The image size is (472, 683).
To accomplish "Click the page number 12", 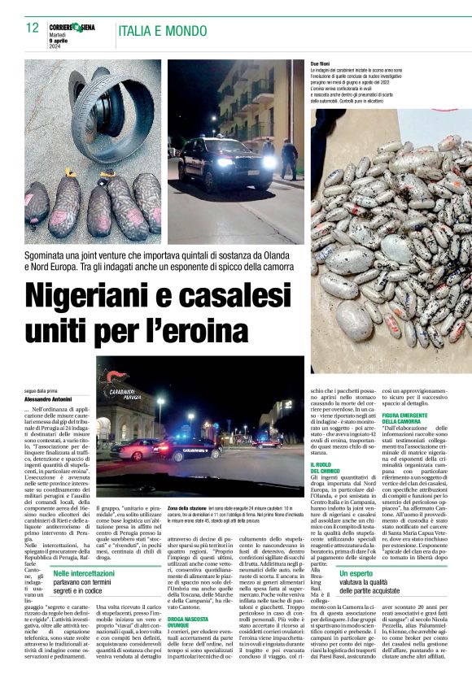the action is pyautogui.click(x=32, y=28).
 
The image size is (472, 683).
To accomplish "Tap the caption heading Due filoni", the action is pyautogui.click(x=321, y=63).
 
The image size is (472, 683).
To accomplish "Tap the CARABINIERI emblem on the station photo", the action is pyautogui.click(x=119, y=383).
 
